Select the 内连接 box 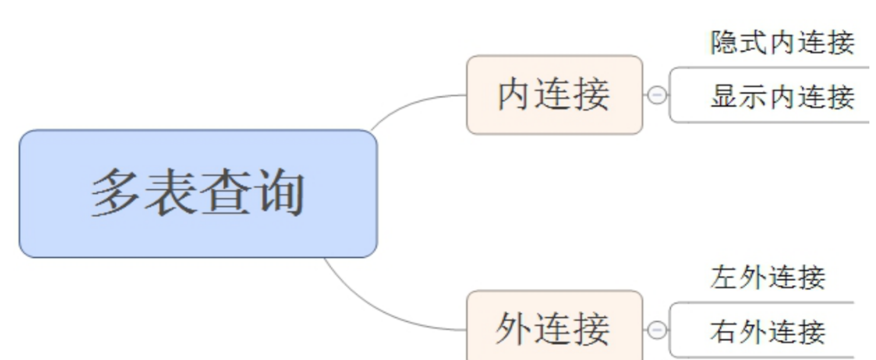[554, 95]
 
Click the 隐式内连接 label [782, 43]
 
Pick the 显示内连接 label [782, 97]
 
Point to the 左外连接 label [768, 277]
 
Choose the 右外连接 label [768, 331]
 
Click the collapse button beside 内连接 [657, 95]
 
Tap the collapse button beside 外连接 [657, 330]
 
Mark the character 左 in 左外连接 [724, 277]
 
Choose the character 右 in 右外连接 [724, 331]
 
